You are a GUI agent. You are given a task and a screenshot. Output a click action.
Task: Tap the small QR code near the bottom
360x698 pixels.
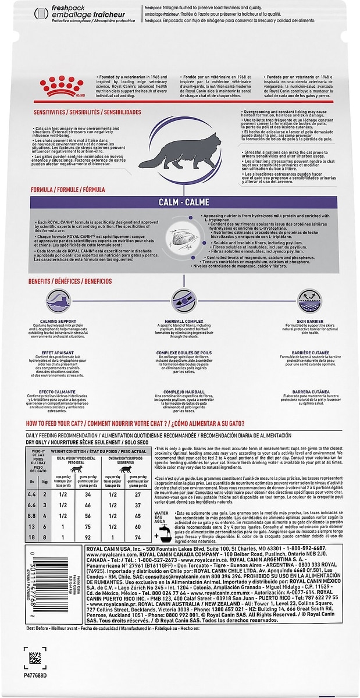pyautogui.click(x=35, y=658)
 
